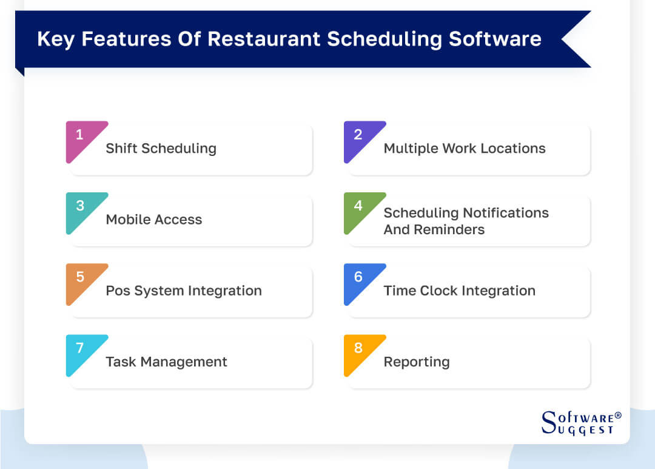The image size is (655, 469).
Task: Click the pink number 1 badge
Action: (x=80, y=136)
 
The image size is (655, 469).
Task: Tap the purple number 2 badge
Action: (x=358, y=136)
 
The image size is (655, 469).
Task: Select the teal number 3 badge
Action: (x=80, y=207)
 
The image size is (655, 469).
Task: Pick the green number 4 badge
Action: (x=358, y=207)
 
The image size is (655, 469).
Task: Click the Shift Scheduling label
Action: (x=161, y=149)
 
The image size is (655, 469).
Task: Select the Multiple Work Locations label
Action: (x=465, y=149)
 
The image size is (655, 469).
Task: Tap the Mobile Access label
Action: (x=154, y=220)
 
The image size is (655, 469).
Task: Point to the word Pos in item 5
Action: (x=118, y=291)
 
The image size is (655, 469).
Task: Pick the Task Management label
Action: (x=166, y=362)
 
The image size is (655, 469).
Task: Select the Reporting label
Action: (x=417, y=362)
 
